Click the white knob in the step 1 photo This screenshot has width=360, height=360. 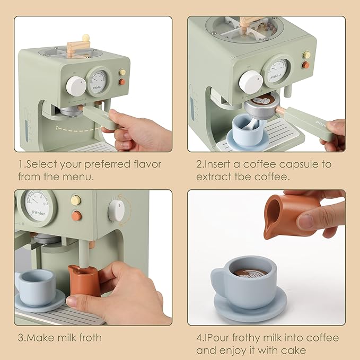pos(76,86)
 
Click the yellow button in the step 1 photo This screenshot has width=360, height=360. pos(122,72)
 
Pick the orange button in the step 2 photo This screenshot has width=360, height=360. pos(305,65)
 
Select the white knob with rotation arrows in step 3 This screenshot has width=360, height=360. pos(116,210)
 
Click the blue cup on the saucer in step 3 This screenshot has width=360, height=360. pos(36,286)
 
